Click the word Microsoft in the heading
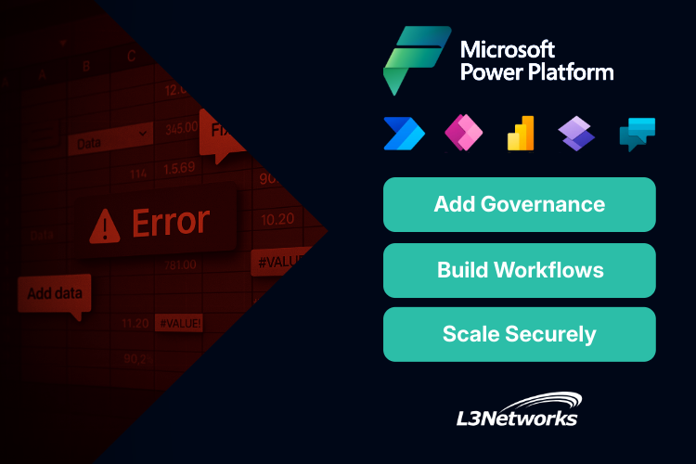[x=508, y=48]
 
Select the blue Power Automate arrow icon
[x=404, y=135]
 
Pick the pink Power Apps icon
[x=461, y=135]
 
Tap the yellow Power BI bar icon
[x=520, y=135]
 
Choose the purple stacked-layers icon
[x=577, y=135]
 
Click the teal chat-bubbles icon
[x=637, y=135]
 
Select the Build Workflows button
[x=520, y=270]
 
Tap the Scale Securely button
[x=520, y=334]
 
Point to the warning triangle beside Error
[x=104, y=224]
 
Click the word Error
[x=171, y=222]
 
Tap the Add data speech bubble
[x=55, y=294]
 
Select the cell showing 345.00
[x=180, y=126]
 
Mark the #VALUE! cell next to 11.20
[x=179, y=324]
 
